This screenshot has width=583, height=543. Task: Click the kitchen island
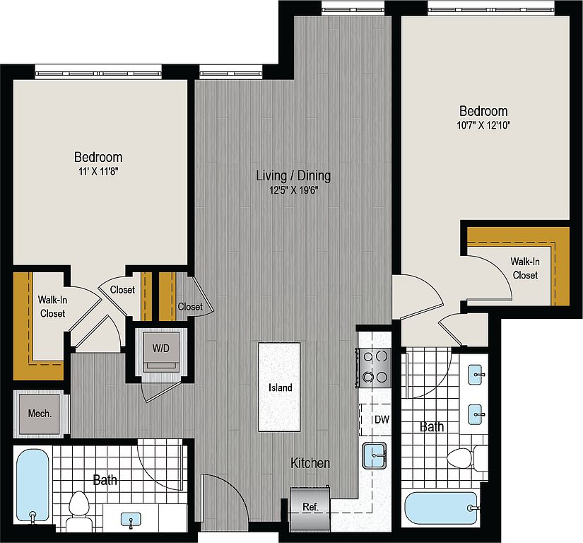tap(279, 387)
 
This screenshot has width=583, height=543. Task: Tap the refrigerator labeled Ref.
tap(310, 509)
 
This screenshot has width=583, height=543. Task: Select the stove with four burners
tap(374, 368)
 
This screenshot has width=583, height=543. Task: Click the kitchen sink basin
tap(375, 455)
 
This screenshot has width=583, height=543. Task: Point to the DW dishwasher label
tap(382, 420)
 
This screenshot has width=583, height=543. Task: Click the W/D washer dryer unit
tap(161, 353)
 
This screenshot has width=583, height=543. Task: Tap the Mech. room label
tap(40, 414)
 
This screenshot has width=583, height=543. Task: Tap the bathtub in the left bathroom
tap(33, 486)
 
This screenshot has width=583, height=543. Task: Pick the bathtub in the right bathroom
tap(442, 508)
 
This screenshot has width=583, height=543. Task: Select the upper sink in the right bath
tap(476, 375)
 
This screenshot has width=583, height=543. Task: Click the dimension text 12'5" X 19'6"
tap(294, 190)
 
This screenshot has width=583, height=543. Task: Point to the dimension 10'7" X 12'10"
tap(483, 125)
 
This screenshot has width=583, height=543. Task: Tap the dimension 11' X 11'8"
tap(98, 171)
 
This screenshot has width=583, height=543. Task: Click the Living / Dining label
tap(293, 175)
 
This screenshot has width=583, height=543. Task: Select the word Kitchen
tap(310, 463)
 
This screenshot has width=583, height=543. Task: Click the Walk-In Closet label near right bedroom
tap(525, 268)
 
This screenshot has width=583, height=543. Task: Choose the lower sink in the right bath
tap(476, 414)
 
